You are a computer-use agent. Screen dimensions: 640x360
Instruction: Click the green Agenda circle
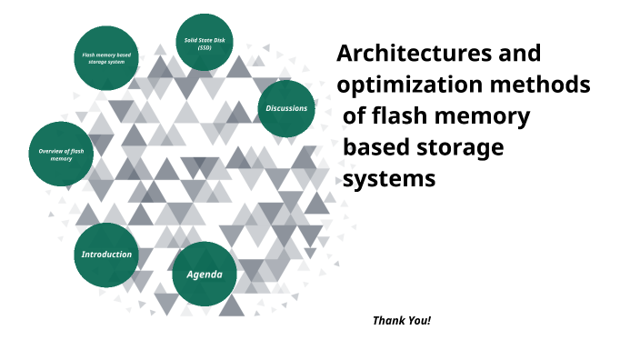[x=205, y=274]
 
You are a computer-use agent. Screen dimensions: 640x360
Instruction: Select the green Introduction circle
[x=107, y=255]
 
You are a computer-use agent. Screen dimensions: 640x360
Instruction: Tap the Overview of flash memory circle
[x=61, y=154]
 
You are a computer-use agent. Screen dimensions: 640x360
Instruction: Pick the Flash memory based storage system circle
[x=104, y=58]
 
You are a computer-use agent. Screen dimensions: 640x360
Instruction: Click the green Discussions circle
[x=286, y=108]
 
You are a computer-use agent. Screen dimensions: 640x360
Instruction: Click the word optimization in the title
[x=410, y=85]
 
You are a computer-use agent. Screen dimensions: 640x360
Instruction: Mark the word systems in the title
[x=390, y=178]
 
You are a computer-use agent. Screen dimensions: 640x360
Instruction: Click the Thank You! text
[x=401, y=321]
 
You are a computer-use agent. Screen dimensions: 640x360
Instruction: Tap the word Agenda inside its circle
[x=205, y=275]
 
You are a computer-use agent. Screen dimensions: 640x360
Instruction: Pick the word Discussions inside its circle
[x=286, y=108]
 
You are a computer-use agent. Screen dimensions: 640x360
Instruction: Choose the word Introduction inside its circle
[x=107, y=255]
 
